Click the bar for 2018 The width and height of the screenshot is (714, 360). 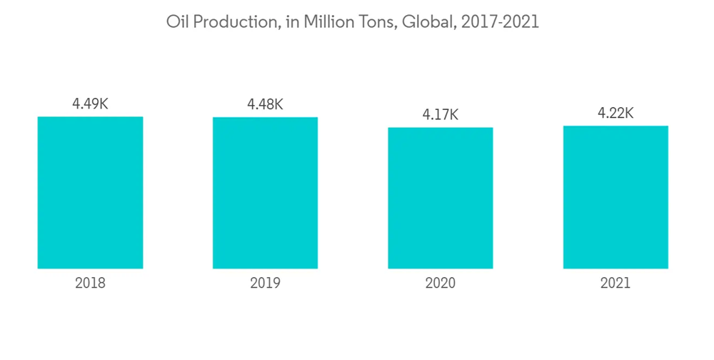pos(90,192)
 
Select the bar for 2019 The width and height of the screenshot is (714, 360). pos(265,193)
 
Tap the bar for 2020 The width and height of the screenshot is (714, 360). pos(441,198)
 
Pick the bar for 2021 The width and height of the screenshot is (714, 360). pos(615,197)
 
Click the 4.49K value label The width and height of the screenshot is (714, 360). pos(90,104)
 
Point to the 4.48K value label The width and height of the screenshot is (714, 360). pos(265,104)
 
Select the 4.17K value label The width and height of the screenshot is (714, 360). pos(441,114)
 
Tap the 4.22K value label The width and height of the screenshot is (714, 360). pos(615,113)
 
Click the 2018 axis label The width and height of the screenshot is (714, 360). pos(90,283)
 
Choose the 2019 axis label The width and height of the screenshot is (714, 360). pos(265,283)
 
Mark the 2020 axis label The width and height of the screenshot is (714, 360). pos(441,283)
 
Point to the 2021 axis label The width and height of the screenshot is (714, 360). pos(615,283)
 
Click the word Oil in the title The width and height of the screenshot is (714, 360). pos(178,22)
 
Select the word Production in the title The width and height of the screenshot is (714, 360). pos(233,22)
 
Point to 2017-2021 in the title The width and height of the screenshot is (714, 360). pos(501,22)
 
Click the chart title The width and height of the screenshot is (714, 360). pos(353,22)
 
